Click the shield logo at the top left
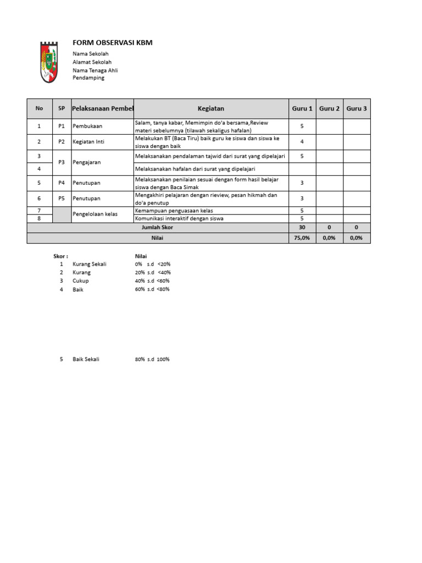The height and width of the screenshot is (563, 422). tap(49, 62)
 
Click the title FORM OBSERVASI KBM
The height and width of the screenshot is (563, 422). tap(113, 43)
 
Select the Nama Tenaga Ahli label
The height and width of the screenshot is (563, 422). tap(95, 70)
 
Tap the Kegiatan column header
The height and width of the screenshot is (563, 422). tap(211, 109)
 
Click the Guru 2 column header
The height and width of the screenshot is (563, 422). tap(330, 109)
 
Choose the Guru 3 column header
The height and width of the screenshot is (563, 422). tap(357, 109)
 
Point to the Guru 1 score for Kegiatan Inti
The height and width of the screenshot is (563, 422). tap(302, 142)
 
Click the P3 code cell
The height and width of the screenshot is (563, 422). tap(62, 163)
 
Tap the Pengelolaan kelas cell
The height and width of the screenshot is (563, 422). tap(95, 214)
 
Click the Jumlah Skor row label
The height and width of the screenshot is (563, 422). tap(157, 227)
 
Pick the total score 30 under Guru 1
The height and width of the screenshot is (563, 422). tap(302, 227)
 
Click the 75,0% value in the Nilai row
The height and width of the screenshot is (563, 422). tap(302, 238)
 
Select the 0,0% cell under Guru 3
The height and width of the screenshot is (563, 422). tap(357, 238)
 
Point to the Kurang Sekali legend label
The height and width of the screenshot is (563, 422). tap(89, 264)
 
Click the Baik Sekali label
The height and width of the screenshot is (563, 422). tap(86, 360)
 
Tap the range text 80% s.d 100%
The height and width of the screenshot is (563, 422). tap(152, 360)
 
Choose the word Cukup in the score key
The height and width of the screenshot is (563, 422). tap(80, 281)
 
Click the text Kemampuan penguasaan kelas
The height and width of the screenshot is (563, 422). tap(174, 211)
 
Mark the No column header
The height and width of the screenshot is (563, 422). tap(39, 109)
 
